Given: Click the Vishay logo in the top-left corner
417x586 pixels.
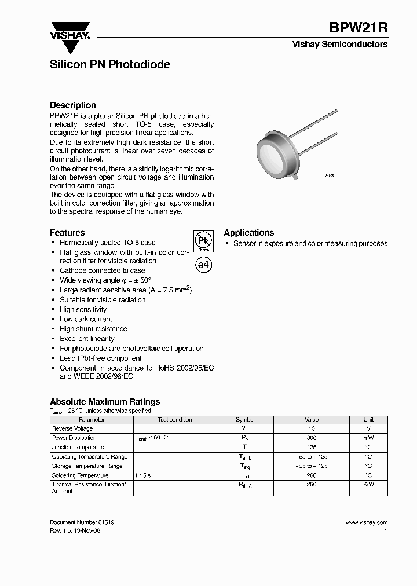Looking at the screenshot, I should (69, 30).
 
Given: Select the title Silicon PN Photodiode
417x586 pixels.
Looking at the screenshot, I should (110, 65).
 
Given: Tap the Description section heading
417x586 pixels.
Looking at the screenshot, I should (73, 105).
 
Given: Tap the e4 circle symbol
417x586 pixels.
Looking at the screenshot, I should (203, 265).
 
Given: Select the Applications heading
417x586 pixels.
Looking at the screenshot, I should (249, 233).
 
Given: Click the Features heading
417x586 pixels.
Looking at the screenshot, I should (67, 233).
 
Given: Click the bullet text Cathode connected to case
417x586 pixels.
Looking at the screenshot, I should (103, 270).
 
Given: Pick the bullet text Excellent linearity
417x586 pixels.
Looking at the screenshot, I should (87, 339).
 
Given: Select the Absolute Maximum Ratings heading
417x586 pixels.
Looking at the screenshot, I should (105, 402).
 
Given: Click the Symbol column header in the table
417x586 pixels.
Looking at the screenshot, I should (244, 420).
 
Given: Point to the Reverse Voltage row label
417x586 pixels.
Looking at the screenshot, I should (72, 429).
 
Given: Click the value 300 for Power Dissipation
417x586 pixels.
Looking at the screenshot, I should (311, 438).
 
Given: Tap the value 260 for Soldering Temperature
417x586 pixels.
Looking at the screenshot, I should (311, 475).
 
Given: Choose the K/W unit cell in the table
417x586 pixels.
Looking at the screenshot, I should (368, 485).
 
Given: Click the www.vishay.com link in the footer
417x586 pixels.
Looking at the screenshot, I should (367, 522).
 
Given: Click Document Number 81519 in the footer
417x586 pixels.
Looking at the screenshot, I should (82, 522).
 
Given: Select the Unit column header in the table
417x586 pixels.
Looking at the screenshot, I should (368, 420).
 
